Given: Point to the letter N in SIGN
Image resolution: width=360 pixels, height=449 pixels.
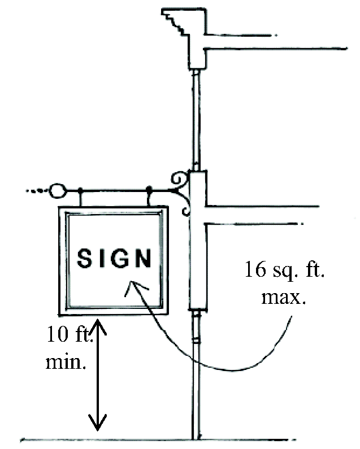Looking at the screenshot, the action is tap(144, 259).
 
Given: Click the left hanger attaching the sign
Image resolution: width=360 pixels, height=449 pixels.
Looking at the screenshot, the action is tap(81, 198).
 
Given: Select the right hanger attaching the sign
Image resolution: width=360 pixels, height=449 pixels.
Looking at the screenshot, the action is tap(149, 198).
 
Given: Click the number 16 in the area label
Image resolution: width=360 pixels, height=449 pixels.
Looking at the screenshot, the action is tap(255, 269).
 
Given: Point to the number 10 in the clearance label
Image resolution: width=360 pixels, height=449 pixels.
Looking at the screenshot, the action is tap(56, 335).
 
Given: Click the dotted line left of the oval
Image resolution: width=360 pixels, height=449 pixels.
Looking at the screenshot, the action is tap(37, 191).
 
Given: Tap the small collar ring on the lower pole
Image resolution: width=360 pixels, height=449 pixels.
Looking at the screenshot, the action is tap(196, 341).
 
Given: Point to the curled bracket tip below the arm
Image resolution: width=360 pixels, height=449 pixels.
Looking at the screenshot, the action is tap(185, 212).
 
